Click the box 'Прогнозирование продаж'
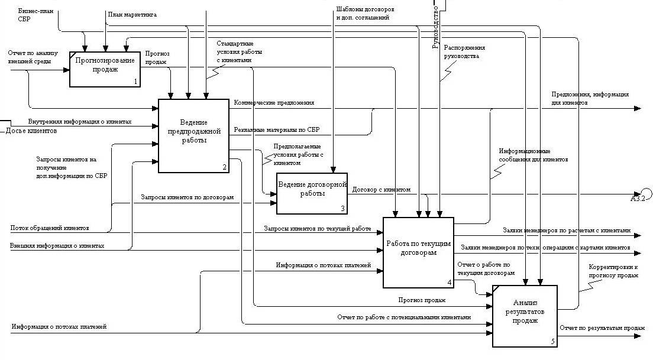coord(105,69)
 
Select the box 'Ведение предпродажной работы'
coord(193,135)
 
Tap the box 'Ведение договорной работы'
coord(312,193)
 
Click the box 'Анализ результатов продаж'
coord(525,316)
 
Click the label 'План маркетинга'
coord(132,14)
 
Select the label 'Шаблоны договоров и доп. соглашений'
coord(364,14)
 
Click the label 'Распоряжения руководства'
coord(464,52)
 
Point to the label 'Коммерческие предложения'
coord(274,102)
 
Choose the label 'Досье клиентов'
coord(31,131)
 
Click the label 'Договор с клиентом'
coord(381,190)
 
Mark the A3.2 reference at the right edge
coord(638,197)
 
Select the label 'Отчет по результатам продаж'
coord(602,328)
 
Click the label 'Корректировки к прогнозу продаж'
coord(613,271)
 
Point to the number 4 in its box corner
coord(450,283)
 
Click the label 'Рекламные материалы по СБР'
coord(276,129)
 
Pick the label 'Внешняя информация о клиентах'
coord(57,246)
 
